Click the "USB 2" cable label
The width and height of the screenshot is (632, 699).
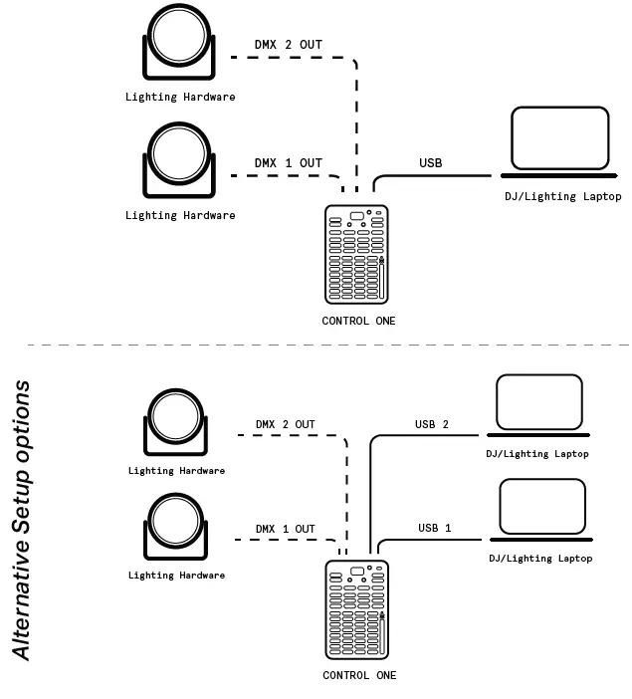pos(432,425)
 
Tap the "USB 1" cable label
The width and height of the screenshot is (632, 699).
pos(435,528)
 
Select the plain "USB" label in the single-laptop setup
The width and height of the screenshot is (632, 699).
pos(431,163)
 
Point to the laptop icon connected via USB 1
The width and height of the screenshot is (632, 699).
pos(542,511)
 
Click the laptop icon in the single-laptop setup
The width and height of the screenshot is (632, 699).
pos(559,141)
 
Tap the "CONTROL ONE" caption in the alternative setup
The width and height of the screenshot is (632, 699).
pos(359,675)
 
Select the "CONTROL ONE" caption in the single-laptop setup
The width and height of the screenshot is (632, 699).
pos(358,321)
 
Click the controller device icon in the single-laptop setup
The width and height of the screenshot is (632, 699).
pos(357,255)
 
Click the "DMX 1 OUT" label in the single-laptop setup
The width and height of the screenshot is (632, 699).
pos(289,163)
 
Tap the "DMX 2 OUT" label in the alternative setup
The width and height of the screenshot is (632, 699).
pos(286,425)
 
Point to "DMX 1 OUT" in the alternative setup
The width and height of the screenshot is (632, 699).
pos(286,529)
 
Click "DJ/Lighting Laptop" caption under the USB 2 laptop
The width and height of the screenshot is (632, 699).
pos(537,454)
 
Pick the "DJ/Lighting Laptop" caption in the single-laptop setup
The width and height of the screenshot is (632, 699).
pos(562,197)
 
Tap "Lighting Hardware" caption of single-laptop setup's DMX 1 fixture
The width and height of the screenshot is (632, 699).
pos(180,215)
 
